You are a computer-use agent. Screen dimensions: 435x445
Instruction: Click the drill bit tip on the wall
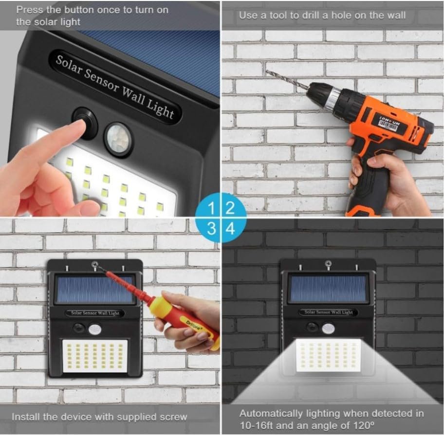click(267, 72)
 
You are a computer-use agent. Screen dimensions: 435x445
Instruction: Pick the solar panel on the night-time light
click(328, 288)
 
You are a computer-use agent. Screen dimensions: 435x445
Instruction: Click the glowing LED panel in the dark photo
click(328, 355)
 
